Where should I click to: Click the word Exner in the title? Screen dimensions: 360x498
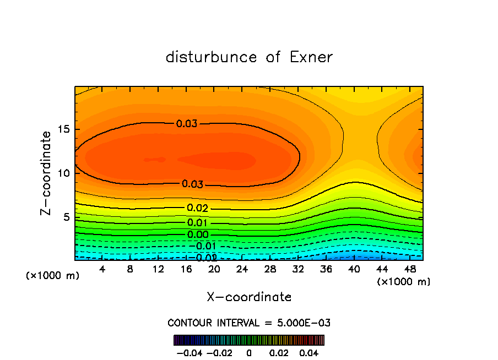coord(311,57)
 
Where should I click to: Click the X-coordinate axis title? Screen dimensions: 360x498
coord(249,297)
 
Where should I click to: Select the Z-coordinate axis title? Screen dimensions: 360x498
coord(47,173)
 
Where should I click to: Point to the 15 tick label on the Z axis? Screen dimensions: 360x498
coord(63,129)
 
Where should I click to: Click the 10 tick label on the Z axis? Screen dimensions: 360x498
coord(63,173)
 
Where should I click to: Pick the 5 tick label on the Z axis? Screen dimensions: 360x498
coord(66,217)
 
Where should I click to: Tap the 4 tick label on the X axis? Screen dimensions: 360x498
coord(102,269)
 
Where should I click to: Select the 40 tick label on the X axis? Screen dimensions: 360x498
coord(353,269)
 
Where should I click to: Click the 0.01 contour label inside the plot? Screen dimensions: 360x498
coord(197,223)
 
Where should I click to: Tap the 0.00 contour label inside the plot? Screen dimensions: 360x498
coord(197,234)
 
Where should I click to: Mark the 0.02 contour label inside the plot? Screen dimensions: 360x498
coord(197,208)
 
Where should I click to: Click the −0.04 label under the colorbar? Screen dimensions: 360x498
coord(190,351)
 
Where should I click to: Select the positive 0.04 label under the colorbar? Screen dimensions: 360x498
coord(309,351)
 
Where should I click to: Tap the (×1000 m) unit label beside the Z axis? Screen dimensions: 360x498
coord(53,275)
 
